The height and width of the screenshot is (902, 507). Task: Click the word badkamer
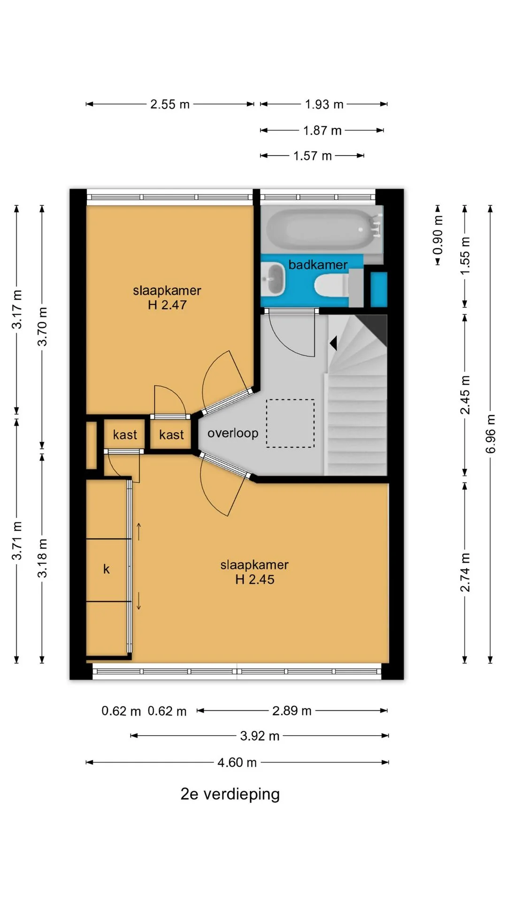[318, 264]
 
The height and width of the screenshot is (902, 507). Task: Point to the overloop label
[233, 433]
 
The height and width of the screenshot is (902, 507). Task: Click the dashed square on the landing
[291, 423]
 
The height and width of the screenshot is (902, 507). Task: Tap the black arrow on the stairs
[333, 343]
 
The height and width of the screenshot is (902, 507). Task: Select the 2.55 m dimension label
[170, 104]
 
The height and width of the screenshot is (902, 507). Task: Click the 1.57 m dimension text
[313, 156]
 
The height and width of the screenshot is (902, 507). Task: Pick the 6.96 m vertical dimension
[490, 434]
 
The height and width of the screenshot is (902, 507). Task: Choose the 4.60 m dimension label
[237, 762]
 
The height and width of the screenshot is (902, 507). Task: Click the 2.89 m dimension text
[292, 710]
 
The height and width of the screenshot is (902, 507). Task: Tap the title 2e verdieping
[230, 793]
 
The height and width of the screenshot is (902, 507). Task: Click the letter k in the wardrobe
[107, 569]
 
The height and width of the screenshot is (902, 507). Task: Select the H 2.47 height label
[167, 305]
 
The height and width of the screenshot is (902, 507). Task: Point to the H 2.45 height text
[255, 579]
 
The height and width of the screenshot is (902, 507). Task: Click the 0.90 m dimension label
[438, 235]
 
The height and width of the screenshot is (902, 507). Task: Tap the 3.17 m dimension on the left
[17, 310]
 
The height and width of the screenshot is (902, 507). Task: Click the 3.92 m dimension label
[260, 736]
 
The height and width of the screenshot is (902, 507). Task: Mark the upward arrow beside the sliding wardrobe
[139, 531]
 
